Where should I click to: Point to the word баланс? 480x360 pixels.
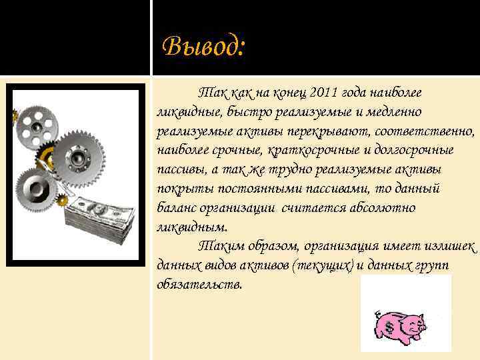(x=178, y=208)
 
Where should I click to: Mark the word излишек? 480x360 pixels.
(x=449, y=246)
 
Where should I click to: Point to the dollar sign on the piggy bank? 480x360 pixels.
(x=386, y=324)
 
